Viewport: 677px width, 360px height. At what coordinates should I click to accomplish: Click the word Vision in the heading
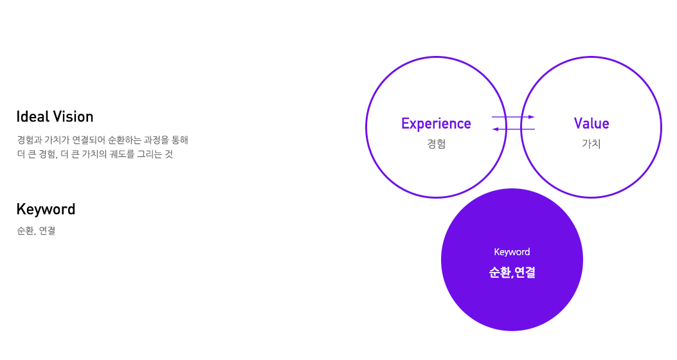(73, 117)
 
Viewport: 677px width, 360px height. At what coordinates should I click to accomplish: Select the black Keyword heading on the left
(46, 210)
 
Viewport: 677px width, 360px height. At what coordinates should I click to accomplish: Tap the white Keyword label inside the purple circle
(512, 252)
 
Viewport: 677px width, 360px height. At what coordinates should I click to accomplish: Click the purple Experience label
(436, 123)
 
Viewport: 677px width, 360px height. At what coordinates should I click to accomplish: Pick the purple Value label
(591, 123)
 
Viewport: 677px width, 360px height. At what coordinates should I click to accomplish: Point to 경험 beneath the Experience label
(436, 143)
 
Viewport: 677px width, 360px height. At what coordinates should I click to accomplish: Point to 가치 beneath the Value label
(591, 143)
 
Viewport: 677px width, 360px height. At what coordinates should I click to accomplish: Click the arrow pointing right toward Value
(513, 117)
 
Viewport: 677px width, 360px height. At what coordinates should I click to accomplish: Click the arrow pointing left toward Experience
(513, 130)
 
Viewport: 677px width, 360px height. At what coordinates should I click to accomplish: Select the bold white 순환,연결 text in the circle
(512, 273)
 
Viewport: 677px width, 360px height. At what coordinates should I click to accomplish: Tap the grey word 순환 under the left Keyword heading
(24, 231)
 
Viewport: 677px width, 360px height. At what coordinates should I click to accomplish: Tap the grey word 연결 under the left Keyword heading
(47, 231)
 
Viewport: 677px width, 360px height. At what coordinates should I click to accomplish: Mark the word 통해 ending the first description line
(179, 139)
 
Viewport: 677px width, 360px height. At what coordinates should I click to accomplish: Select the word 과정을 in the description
(150, 139)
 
